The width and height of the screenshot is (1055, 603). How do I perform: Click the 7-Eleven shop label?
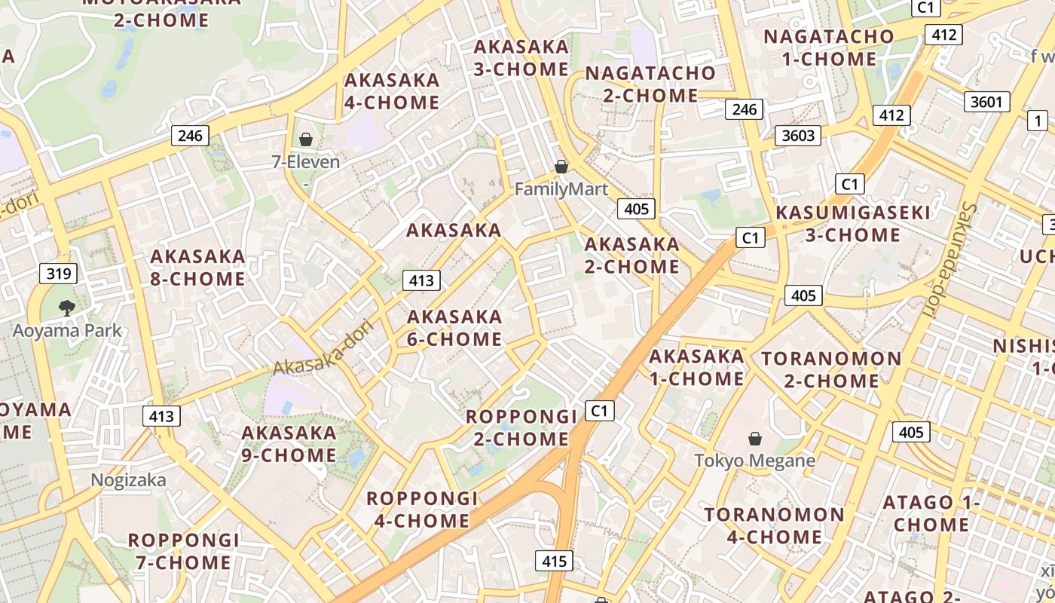pyautogui.click(x=306, y=161)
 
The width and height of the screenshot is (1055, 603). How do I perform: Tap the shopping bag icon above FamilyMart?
pyautogui.click(x=561, y=167)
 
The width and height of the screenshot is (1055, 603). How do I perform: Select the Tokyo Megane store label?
pyautogui.click(x=754, y=461)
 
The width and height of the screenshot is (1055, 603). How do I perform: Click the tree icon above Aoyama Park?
pyautogui.click(x=67, y=308)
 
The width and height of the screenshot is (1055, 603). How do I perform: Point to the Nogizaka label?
pyautogui.click(x=128, y=480)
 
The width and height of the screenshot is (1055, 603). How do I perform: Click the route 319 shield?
pyautogui.click(x=59, y=273)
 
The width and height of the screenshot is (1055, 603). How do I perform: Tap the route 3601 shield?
pyautogui.click(x=986, y=101)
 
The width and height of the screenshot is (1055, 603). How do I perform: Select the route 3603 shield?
pyautogui.click(x=798, y=135)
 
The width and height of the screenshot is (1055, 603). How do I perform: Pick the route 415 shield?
pyautogui.click(x=554, y=561)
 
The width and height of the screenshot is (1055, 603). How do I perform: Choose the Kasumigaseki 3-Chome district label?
pyautogui.click(x=853, y=224)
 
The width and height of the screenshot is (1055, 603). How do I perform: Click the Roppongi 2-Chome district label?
pyautogui.click(x=521, y=427)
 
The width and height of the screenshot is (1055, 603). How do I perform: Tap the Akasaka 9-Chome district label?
pyautogui.click(x=289, y=444)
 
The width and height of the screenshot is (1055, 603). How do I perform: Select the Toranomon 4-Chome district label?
pyautogui.click(x=775, y=526)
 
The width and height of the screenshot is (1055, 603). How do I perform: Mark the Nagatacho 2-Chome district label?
pyautogui.click(x=650, y=84)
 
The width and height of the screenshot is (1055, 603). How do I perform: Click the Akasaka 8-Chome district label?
pyautogui.click(x=197, y=268)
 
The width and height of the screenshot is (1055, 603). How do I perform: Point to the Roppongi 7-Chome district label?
pyautogui.click(x=184, y=551)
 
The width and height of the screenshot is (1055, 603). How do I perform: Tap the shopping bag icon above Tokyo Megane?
pyautogui.click(x=754, y=438)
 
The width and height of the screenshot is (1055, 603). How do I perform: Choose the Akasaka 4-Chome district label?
pyautogui.click(x=392, y=91)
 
